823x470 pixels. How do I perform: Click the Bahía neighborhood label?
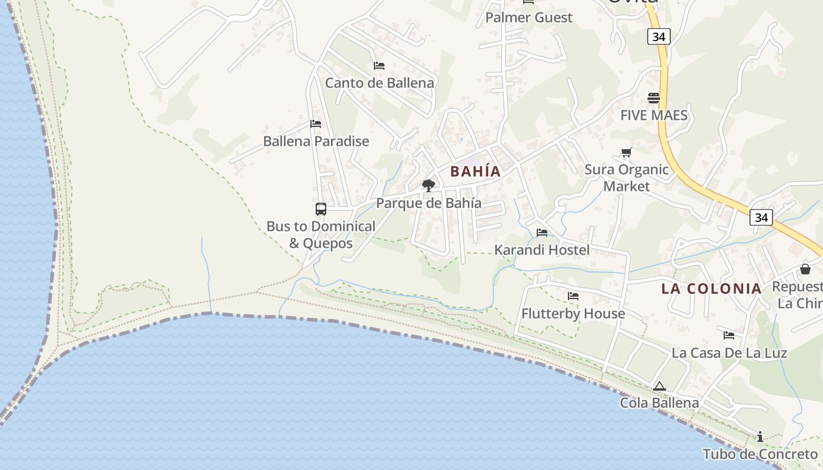[476, 172]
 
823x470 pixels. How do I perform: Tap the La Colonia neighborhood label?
[711, 288]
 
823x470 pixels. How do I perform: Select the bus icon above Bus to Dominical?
[321, 209]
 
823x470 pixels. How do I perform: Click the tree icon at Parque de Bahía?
[429, 186]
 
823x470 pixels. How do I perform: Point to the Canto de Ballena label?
[380, 83]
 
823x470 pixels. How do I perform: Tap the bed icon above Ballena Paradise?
[316, 124]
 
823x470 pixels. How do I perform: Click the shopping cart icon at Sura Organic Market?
[627, 153]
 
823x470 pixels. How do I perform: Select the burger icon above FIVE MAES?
[654, 98]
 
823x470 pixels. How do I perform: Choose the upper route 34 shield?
[659, 37]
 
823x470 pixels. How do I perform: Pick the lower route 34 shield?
[761, 217]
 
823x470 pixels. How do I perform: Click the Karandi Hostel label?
[541, 250]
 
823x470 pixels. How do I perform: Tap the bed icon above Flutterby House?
[573, 296]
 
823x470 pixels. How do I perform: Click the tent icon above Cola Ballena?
[660, 387]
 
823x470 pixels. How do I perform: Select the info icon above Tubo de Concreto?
[760, 437]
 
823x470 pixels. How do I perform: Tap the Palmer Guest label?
[528, 18]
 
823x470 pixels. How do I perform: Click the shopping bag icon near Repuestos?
[805, 269]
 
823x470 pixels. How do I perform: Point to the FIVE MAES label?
[654, 115]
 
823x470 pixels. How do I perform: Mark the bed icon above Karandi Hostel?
[542, 233]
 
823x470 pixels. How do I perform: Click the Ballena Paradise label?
[316, 141]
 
